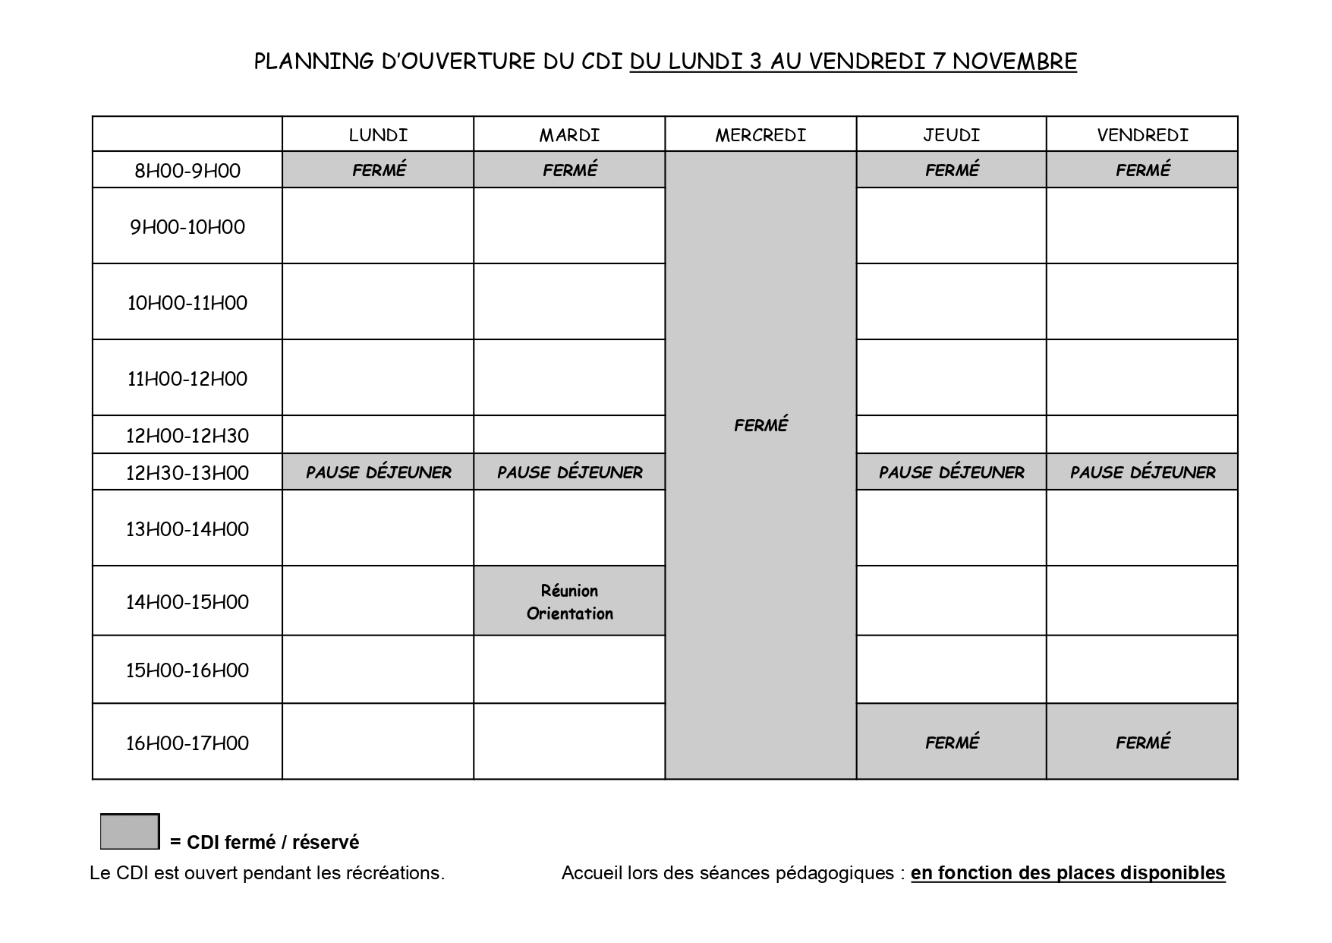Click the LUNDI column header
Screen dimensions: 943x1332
pyautogui.click(x=378, y=135)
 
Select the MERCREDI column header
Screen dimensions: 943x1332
pyautogui.click(x=760, y=135)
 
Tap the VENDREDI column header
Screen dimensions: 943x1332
pyautogui.click(x=1142, y=135)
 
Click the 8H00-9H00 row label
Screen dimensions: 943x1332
pyautogui.click(x=187, y=170)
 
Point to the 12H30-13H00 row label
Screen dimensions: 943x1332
pyautogui.click(x=187, y=472)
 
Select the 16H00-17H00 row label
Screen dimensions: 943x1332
pyautogui.click(x=187, y=743)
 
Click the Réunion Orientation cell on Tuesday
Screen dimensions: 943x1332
pyautogui.click(x=569, y=601)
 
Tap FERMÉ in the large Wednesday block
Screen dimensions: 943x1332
pyautogui.click(x=760, y=425)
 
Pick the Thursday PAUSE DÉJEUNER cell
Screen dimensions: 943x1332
pyautogui.click(x=951, y=472)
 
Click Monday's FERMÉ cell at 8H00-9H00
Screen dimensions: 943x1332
pyautogui.click(x=378, y=170)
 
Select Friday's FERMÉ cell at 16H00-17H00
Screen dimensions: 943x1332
pyautogui.click(x=1142, y=742)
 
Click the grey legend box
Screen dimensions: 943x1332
pyautogui.click(x=130, y=831)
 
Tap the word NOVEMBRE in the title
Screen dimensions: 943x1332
pyautogui.click(x=1015, y=61)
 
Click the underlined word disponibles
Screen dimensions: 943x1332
pyautogui.click(x=1172, y=873)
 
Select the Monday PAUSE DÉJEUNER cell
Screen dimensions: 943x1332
pyautogui.click(x=378, y=472)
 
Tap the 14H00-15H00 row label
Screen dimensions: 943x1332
pyautogui.click(x=187, y=602)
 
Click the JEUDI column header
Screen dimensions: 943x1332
pyautogui.click(x=951, y=135)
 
